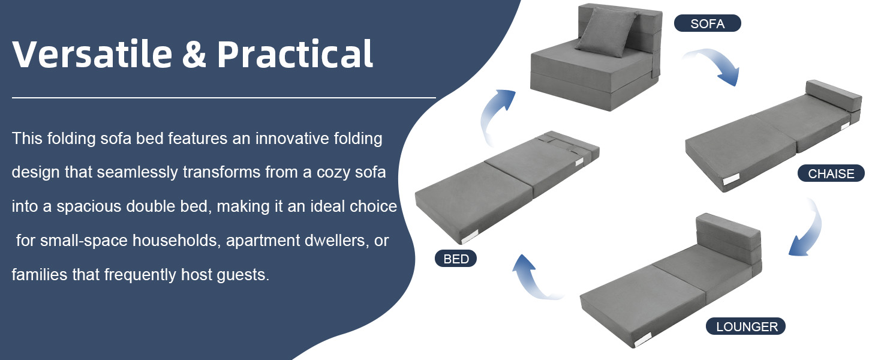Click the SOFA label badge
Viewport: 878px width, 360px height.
tap(708, 23)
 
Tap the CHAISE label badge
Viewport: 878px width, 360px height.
tap(831, 173)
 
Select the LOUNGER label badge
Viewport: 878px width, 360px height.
tap(745, 326)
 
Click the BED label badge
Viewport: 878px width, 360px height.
tap(456, 259)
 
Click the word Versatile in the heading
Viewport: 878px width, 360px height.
tap(92, 54)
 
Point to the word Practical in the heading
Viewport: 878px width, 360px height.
tap(294, 54)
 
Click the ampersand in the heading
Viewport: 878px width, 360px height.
tap(194, 54)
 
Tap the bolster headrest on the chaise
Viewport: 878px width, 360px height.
tap(834, 96)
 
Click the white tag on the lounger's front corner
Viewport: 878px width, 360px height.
tap(643, 339)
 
